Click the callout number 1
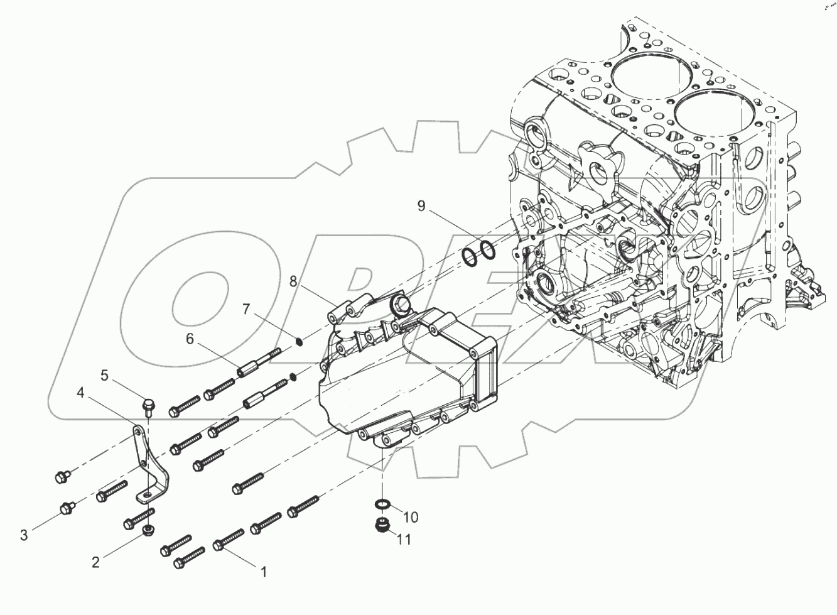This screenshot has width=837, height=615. pos(264,572)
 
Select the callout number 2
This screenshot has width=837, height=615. pos(95,562)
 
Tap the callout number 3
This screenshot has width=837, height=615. pos(24,535)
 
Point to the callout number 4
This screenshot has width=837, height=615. pos(80,393)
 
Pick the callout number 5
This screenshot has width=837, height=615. pos(104,376)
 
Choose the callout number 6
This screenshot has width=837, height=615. pos(190,339)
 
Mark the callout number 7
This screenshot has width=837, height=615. pos(246,308)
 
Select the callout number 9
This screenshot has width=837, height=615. pos(421,205)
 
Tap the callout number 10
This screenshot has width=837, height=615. pos(410,517)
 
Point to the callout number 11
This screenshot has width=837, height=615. pos(404,539)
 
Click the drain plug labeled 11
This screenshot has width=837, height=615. pos(381,525)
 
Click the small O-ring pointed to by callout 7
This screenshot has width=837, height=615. pos(300,342)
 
